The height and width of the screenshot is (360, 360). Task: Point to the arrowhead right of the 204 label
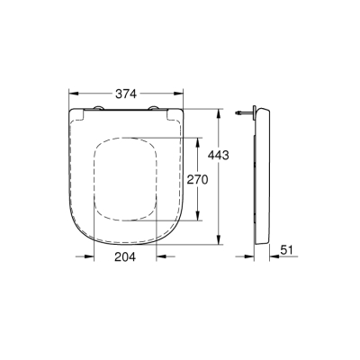[x=160, y=256]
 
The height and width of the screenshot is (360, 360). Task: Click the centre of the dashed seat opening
[x=128, y=180]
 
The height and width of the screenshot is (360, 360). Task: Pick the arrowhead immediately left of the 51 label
[x=267, y=256]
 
